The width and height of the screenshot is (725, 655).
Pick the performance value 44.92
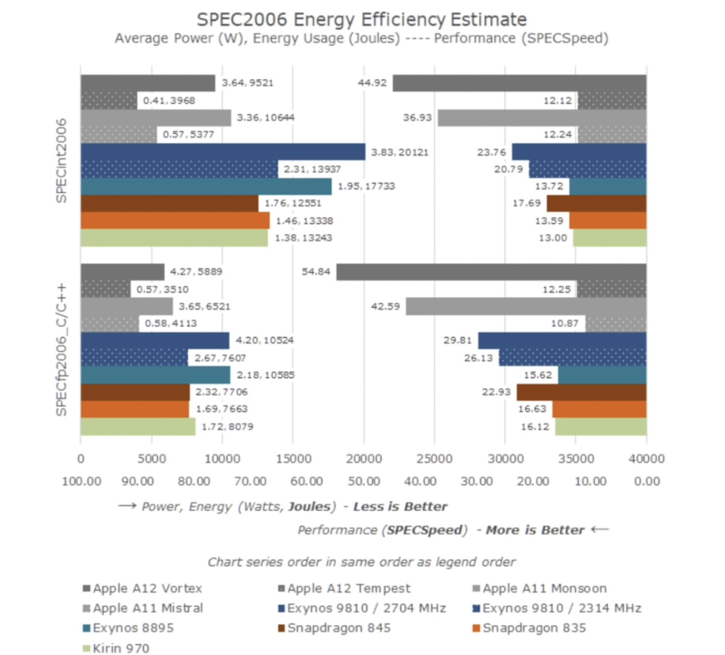tap(371, 83)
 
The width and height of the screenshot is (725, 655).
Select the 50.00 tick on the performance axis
tap(364, 480)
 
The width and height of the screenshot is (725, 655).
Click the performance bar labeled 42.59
tap(526, 305)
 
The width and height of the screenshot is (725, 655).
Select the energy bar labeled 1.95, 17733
tap(206, 187)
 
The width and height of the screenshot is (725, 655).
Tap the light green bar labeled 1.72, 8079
tap(138, 426)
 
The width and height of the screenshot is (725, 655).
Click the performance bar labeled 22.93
tap(581, 392)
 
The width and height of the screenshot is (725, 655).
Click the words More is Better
tap(535, 529)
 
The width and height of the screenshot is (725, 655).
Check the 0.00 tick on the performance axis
tap(646, 480)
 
